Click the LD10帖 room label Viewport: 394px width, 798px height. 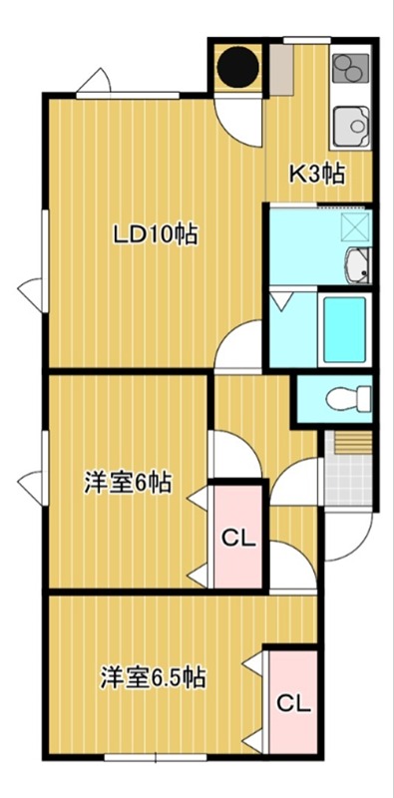point(155,235)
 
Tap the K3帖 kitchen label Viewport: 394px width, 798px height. point(316,174)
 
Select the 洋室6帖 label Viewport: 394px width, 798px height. point(127,484)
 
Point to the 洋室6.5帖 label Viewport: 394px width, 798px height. point(153,678)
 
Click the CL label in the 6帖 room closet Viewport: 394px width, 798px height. point(238,540)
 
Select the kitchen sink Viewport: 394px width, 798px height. point(350,126)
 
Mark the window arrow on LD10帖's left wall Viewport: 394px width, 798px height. point(29,291)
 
